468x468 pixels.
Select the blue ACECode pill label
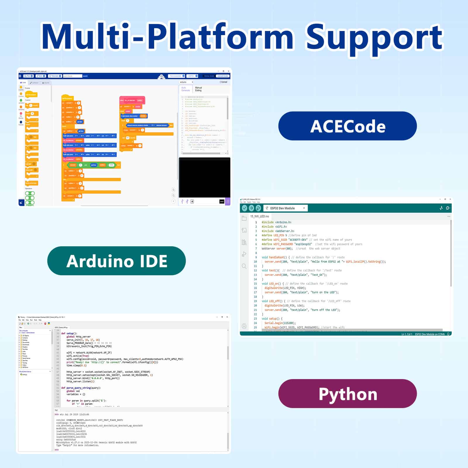click(347, 126)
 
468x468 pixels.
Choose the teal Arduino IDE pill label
click(116, 261)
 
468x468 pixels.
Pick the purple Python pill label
click(347, 394)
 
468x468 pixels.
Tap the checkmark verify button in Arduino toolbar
click(245, 208)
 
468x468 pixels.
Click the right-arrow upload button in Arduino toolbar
click(251, 208)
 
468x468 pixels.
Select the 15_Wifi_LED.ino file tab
click(259, 216)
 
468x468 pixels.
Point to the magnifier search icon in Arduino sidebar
click(244, 266)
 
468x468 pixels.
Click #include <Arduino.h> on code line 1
click(276, 222)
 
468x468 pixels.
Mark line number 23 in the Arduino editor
click(255, 319)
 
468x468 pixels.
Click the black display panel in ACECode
click(204, 178)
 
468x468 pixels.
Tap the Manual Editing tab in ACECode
click(198, 89)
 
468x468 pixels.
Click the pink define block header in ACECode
click(132, 100)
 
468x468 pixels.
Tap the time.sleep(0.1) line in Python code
click(76, 365)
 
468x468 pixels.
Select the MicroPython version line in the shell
click(96, 443)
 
